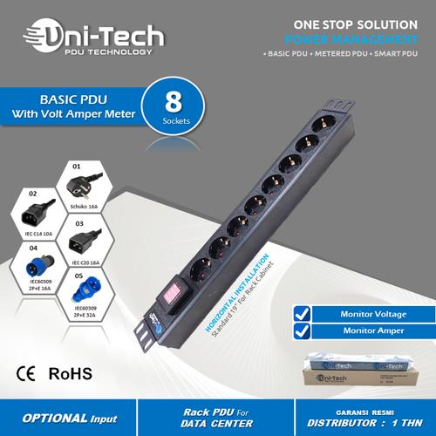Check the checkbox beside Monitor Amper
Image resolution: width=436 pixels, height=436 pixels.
tap(302, 331)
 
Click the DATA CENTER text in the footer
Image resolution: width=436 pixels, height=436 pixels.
tap(219, 424)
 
